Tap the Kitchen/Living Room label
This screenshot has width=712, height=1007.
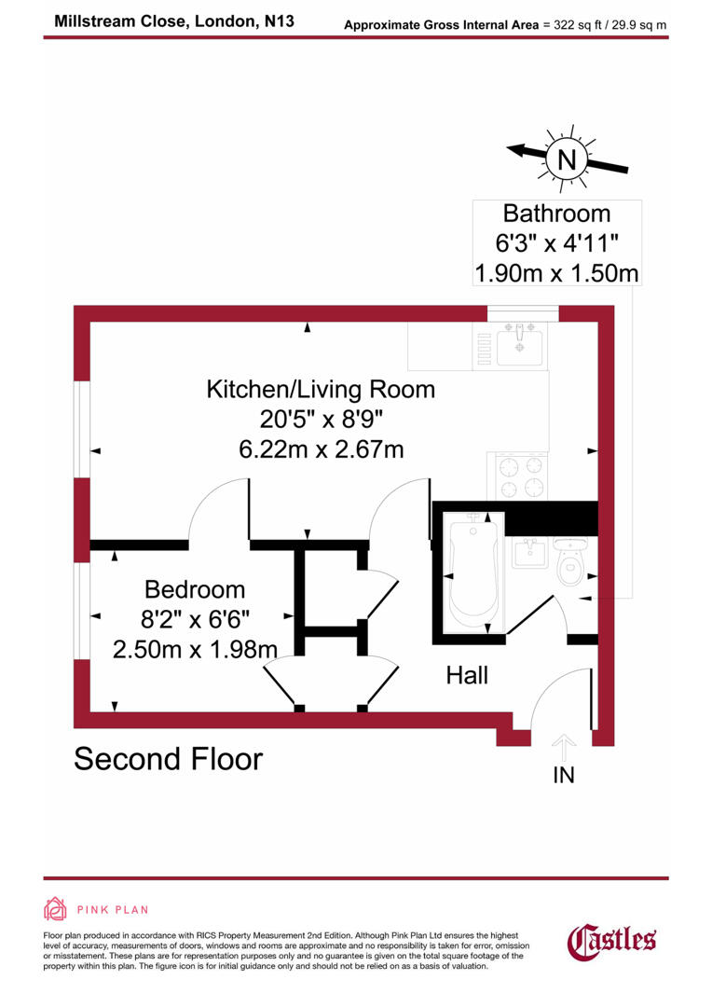click(x=321, y=388)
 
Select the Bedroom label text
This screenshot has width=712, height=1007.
click(x=195, y=589)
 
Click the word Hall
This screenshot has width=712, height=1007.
click(x=467, y=675)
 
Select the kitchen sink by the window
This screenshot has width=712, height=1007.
click(x=521, y=345)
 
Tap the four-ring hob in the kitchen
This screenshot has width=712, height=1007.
click(x=521, y=476)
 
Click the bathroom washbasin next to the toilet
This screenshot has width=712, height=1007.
click(x=529, y=553)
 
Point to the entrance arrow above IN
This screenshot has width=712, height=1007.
click(x=563, y=747)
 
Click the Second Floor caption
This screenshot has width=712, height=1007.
click(x=168, y=759)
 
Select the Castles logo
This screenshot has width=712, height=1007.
click(x=612, y=938)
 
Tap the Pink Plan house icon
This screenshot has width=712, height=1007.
click(x=56, y=909)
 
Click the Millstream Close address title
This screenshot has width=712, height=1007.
click(x=174, y=20)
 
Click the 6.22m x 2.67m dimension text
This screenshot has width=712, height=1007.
click(x=321, y=448)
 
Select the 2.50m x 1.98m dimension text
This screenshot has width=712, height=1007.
click(x=195, y=648)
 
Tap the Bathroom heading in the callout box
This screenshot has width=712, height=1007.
click(x=556, y=214)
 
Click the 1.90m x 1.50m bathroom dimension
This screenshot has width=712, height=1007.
click(x=556, y=274)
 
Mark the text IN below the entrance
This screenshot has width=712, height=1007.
click(x=563, y=774)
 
